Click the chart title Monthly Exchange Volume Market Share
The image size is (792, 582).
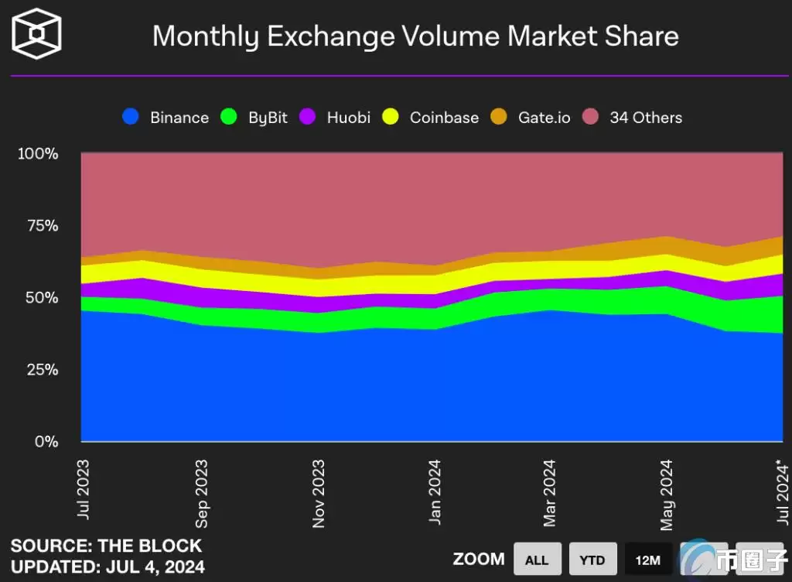(415, 36)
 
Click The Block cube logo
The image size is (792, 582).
(36, 34)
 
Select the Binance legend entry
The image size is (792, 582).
(166, 118)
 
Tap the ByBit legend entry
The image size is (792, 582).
(254, 118)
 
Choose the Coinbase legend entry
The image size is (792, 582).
(432, 118)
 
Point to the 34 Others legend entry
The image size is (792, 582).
(633, 118)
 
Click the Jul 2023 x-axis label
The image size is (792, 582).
(83, 489)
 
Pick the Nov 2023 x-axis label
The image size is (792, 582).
(318, 493)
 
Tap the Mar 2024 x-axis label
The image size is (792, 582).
(550, 493)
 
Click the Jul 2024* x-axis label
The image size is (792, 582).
(783, 491)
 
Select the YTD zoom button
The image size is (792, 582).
(593, 559)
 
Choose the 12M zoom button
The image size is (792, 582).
(648, 559)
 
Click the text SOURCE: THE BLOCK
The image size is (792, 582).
(106, 546)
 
